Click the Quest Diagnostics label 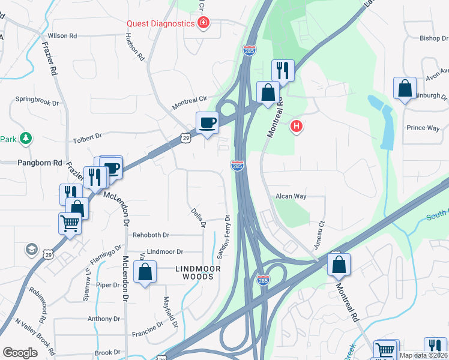click(x=160, y=23)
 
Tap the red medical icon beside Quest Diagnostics click(x=204, y=23)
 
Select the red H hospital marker click(x=295, y=127)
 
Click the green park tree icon click(x=25, y=139)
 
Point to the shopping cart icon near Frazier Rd click(x=70, y=224)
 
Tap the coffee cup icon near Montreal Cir click(x=208, y=122)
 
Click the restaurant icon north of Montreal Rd click(x=282, y=70)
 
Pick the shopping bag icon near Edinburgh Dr click(x=405, y=88)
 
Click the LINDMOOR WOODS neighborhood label click(x=194, y=273)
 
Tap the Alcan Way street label click(x=291, y=196)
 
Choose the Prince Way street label click(x=423, y=128)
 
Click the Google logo click(x=20, y=353)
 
